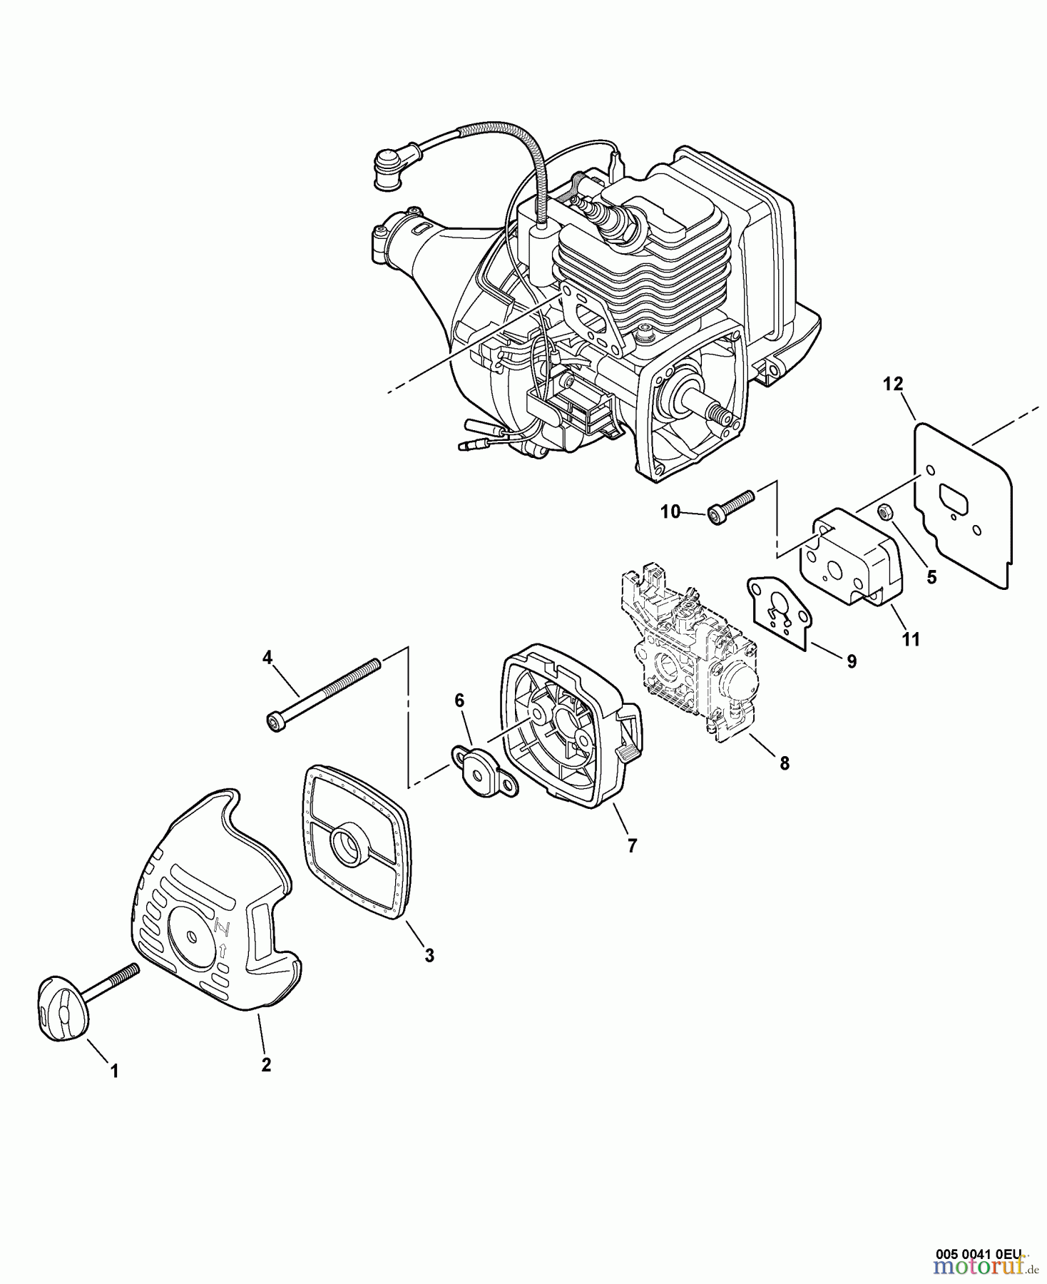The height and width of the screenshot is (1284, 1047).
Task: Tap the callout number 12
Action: tap(892, 384)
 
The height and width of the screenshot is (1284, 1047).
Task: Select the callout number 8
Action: tap(785, 763)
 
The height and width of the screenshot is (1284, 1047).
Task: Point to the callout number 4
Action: tap(267, 658)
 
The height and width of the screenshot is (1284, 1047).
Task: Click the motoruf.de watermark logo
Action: tap(987, 1267)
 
